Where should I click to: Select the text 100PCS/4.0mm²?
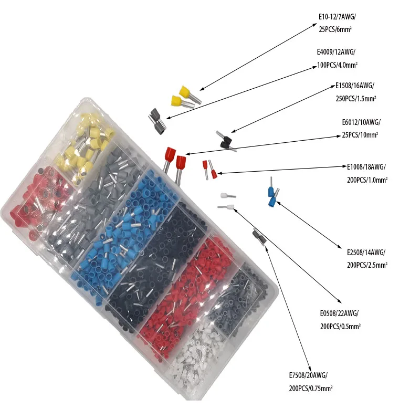338,65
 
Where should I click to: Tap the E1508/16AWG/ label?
354,86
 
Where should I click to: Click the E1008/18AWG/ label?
366,167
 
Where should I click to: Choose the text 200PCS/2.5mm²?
367,265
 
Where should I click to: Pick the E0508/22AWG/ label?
338,313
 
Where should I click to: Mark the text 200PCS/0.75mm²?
310,388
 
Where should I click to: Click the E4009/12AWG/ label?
337,52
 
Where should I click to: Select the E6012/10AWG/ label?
361,122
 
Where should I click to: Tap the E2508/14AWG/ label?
366,253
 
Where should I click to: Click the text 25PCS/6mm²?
334,30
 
